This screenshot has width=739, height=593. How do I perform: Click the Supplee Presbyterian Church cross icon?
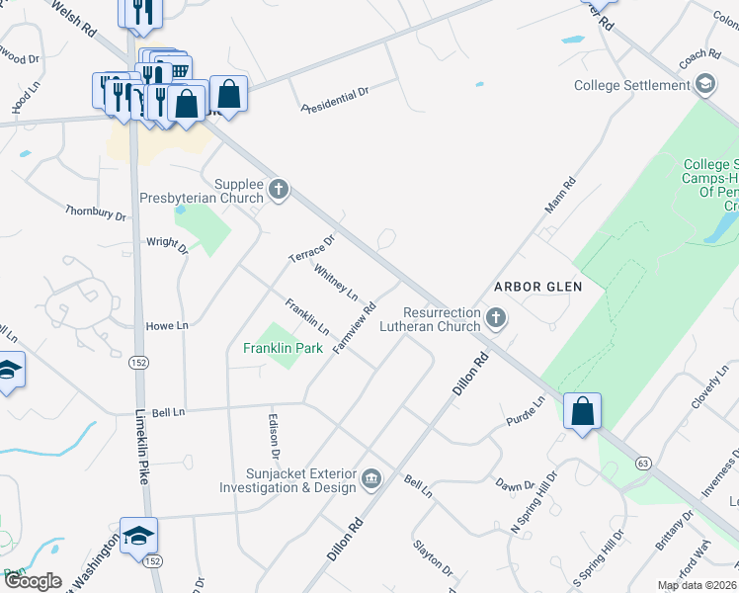279,188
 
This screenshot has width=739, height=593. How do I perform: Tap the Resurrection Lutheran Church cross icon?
496,318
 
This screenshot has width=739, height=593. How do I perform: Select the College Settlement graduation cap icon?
705,86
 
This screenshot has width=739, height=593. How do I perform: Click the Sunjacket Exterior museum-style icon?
371,479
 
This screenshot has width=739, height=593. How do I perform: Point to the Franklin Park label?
283,348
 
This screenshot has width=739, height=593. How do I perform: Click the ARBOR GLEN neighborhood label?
536,287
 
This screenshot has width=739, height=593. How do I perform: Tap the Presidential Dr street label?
335,97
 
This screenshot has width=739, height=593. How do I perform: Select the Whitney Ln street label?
336,282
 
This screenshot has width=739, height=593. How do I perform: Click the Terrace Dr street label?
312,248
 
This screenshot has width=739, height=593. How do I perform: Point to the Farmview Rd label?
356,329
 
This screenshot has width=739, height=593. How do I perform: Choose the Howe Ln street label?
166,325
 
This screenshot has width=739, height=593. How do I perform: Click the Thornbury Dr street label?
96,212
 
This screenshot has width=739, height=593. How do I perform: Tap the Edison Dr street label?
274,435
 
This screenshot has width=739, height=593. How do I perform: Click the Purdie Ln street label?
526,410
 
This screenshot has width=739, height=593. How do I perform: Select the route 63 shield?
643,463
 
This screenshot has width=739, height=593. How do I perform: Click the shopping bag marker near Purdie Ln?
583,411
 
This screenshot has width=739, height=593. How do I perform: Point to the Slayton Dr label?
434,558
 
